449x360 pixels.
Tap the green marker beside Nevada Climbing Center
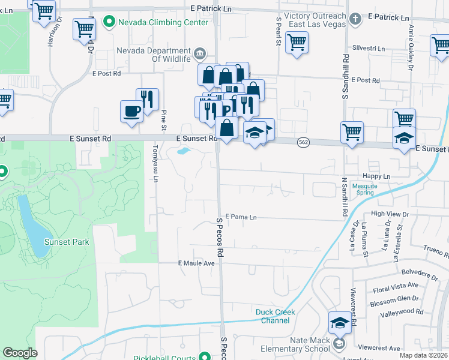pyautogui.click(x=109, y=23)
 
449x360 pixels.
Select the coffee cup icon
pyautogui.click(x=131, y=111)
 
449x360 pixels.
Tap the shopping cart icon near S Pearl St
pyautogui.click(x=297, y=42)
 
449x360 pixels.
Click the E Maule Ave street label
pyautogui.click(x=196, y=263)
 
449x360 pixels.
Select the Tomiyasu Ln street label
pyautogui.click(x=154, y=168)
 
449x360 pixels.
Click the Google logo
pyautogui.click(x=20, y=353)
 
